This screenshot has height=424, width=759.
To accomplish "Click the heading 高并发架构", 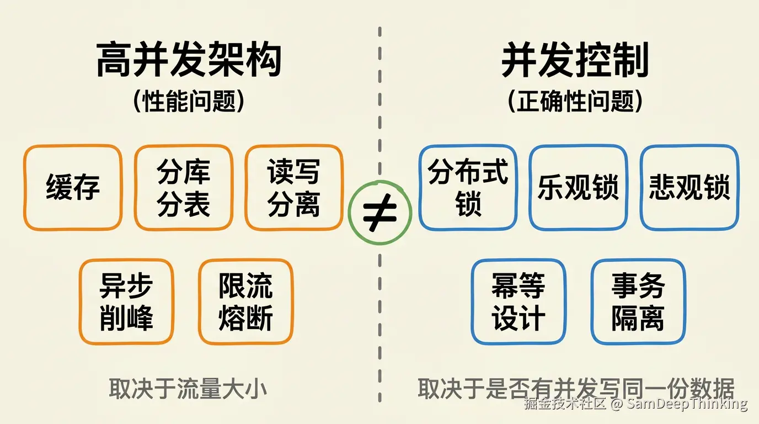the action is [189, 60].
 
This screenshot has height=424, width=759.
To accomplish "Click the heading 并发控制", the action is [575, 60].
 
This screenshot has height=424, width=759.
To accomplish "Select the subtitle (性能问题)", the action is [189, 101].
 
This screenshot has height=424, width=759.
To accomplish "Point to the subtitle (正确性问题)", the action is [575, 101].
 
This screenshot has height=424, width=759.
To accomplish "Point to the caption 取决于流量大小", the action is [188, 389].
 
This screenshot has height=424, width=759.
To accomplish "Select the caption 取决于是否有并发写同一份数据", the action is [576, 389].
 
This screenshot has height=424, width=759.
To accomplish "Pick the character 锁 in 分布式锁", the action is [468, 204].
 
